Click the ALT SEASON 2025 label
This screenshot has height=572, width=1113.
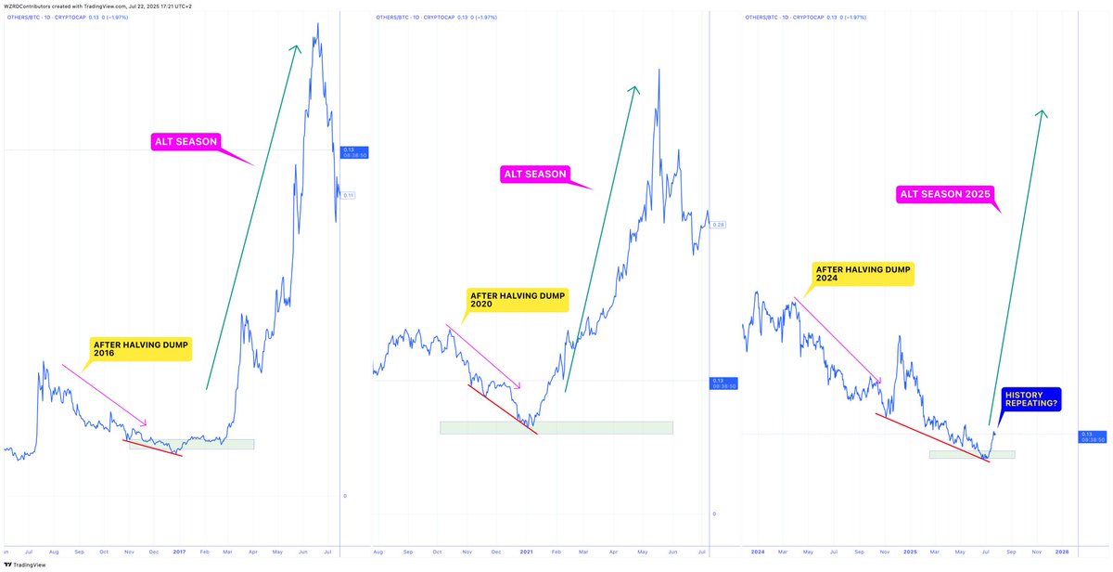click(x=943, y=195)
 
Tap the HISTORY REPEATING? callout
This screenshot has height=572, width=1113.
click(x=1032, y=399)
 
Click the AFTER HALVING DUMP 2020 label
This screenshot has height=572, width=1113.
click(x=517, y=300)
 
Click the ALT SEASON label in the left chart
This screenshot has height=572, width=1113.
click(x=185, y=142)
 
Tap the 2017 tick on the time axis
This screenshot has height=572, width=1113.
click(x=180, y=552)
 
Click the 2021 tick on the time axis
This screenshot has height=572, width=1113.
click(x=527, y=552)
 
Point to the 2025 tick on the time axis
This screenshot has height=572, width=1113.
click(x=911, y=552)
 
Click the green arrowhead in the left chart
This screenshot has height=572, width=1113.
click(x=297, y=48)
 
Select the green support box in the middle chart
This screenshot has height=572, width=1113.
click(x=556, y=428)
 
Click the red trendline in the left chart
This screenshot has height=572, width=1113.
click(x=153, y=447)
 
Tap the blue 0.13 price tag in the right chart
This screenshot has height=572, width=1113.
click(x=1092, y=436)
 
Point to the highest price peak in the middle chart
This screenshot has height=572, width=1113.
click(x=659, y=70)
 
